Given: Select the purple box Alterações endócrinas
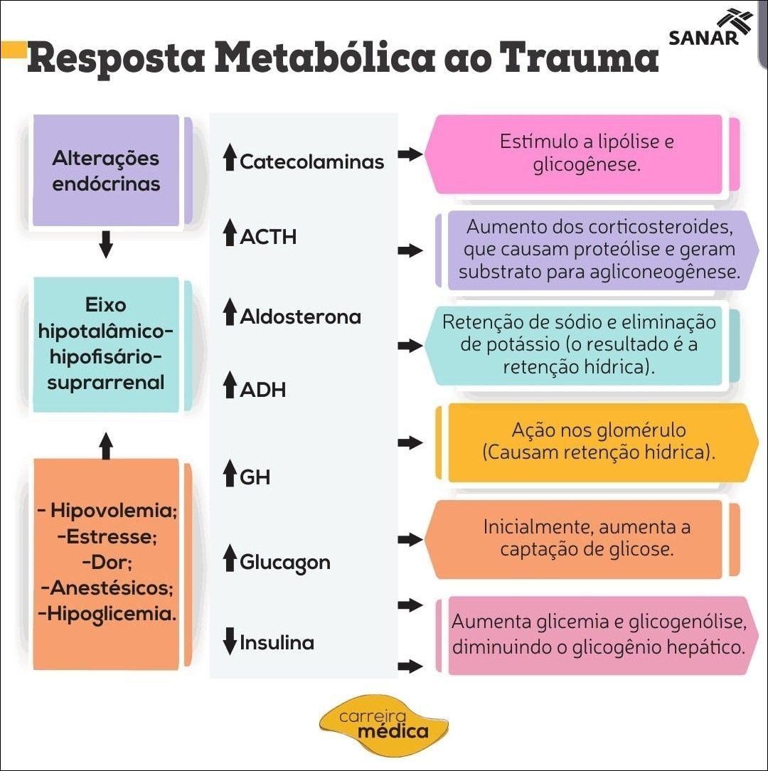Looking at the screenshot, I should pos(106,171).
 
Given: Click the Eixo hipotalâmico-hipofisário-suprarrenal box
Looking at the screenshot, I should pos(106,344).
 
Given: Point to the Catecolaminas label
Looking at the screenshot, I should pos(311,161).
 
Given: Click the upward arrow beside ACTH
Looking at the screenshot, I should pos(229,233).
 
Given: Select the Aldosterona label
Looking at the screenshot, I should pos(300,317).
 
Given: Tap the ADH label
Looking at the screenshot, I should pos(262,389).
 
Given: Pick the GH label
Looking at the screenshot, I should pos(255,477).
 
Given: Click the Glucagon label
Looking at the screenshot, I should pos(284,563).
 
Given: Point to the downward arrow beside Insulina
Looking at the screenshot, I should pos(229,642).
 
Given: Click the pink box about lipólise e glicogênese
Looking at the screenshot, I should pos(583,154).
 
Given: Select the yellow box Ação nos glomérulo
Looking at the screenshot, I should pos(598,441).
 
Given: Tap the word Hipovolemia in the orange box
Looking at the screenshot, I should pos(113,511).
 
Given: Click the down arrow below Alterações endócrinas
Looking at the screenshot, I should pos(106,245).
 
